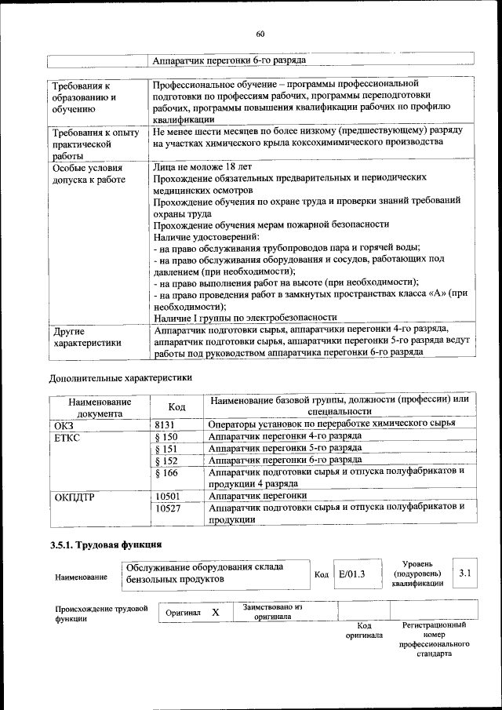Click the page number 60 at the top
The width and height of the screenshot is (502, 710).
click(260, 33)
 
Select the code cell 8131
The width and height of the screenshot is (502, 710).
click(166, 424)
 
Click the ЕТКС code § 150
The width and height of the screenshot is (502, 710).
click(166, 435)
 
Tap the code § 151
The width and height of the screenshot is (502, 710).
click(166, 448)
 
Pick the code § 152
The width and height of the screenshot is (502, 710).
click(166, 460)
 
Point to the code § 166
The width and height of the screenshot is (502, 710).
click(166, 472)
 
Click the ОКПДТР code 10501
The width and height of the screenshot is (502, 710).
click(168, 496)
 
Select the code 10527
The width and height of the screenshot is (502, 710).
click(168, 508)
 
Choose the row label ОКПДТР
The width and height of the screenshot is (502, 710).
click(75, 496)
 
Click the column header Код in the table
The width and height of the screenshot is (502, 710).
click(177, 406)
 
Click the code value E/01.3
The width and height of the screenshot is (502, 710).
click(351, 574)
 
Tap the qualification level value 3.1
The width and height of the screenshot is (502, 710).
click(465, 573)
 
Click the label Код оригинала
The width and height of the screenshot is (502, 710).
click(364, 630)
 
